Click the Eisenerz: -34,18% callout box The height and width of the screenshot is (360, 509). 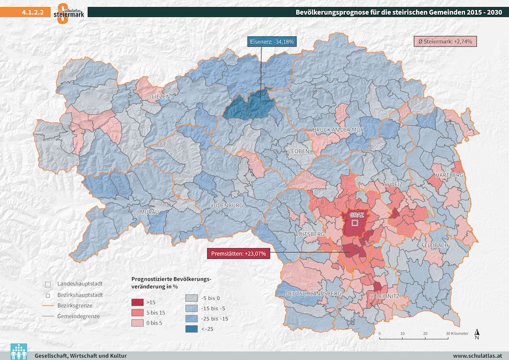click(271, 42)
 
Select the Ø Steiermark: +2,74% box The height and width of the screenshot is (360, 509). click(445, 42)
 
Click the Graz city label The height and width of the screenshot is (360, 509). click(354, 215)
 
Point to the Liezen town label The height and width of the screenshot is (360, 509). click(161, 96)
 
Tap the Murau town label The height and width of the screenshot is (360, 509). click(149, 212)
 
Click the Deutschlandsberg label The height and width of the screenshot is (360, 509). click(313, 293)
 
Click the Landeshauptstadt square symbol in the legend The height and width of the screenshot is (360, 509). click(48, 285)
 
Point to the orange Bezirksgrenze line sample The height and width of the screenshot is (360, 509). click(48, 306)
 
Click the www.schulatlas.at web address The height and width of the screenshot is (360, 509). click(478, 356)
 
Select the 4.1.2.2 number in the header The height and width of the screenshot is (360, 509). click(32, 13)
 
